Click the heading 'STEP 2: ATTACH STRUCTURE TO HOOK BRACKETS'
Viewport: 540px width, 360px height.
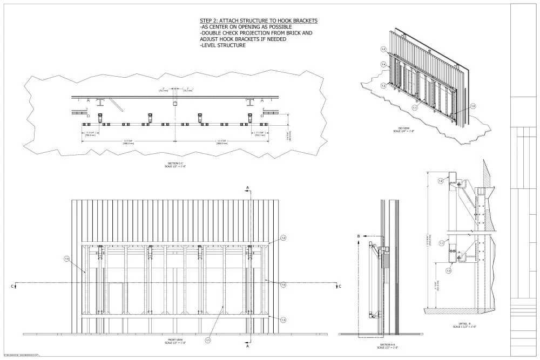[x=258, y=21]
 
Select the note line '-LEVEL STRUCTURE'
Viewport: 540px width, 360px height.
[x=222, y=45]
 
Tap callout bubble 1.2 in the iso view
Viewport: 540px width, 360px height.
[x=383, y=49]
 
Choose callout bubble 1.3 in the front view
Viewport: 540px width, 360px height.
[x=283, y=320]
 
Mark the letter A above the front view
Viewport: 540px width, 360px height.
[x=247, y=188]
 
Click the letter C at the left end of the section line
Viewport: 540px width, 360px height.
[x=12, y=286]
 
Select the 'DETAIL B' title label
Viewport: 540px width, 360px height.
[x=466, y=324]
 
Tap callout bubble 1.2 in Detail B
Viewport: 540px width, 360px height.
[x=441, y=180]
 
